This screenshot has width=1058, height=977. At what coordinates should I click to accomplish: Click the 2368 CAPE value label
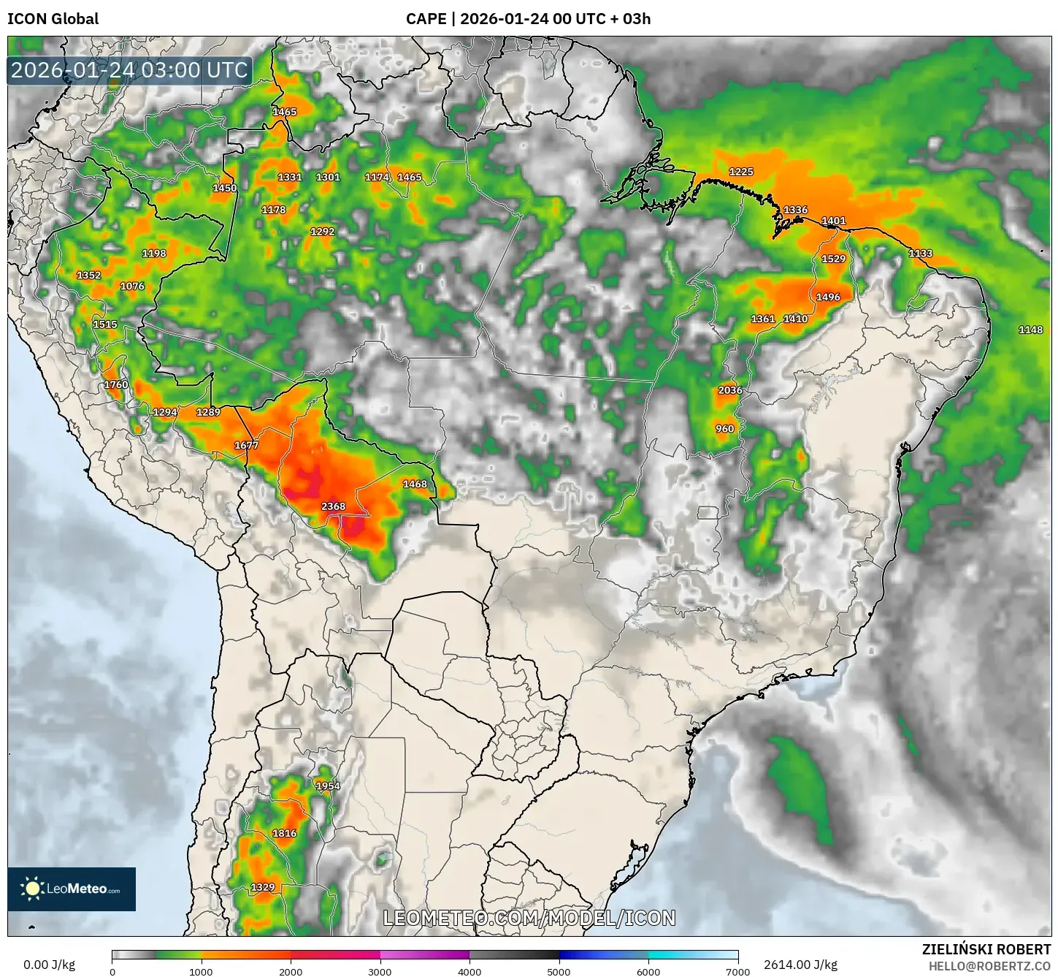333,506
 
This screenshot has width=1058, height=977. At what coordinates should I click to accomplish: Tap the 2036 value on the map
730,390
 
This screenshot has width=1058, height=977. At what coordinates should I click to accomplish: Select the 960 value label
725,429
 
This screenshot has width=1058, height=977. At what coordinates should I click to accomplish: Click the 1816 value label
285,834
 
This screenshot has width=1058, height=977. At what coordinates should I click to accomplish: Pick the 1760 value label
116,385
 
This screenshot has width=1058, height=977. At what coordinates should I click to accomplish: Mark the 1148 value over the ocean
1030,330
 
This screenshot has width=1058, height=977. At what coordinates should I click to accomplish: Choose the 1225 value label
741,172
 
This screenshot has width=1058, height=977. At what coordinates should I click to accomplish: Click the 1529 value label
833,259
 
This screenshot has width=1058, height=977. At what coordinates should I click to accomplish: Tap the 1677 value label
247,446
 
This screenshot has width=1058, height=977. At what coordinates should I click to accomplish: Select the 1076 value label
132,286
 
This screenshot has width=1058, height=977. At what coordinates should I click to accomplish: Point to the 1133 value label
920,254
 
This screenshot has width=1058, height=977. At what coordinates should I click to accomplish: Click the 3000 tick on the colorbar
380,972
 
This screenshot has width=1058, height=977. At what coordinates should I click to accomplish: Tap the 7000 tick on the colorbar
737,972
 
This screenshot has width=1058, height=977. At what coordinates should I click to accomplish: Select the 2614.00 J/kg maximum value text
800,965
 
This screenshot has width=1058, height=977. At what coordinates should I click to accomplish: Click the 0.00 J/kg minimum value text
50,965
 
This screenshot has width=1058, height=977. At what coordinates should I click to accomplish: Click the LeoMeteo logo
72,889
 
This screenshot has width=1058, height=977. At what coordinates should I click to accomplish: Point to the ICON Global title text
53,19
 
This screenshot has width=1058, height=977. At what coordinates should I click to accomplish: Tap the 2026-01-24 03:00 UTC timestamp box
129,71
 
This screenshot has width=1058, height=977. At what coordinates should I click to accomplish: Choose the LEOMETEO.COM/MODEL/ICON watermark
529,918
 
